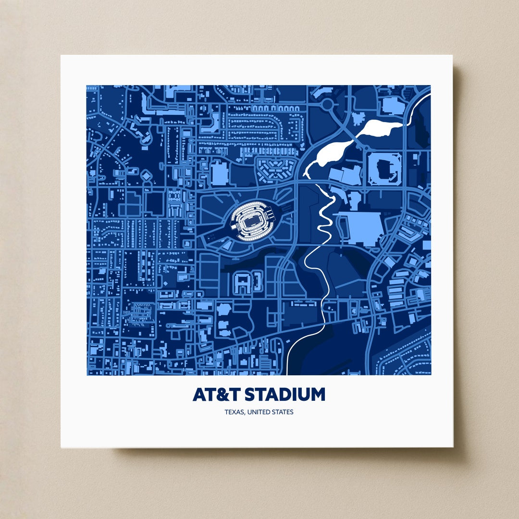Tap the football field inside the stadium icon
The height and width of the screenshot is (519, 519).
coord(251,222)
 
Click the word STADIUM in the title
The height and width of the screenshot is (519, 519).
coord(285,395)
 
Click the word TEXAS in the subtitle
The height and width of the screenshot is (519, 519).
coord(234,412)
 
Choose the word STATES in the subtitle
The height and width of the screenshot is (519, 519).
coord(283,412)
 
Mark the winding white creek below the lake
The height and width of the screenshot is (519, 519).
coord(320,250)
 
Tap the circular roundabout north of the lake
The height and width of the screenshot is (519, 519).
coord(329,104)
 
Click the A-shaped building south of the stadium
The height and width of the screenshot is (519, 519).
coord(243,282)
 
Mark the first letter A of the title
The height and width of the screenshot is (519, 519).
coord(199,395)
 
